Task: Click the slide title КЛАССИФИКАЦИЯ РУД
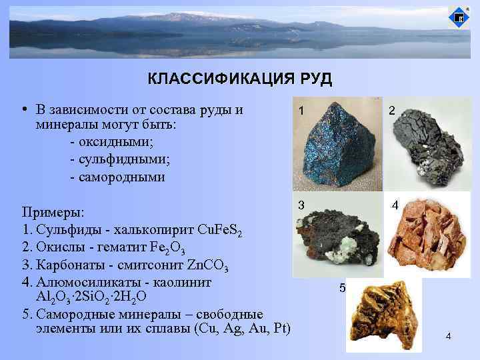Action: tap(239, 80)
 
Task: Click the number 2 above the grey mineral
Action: tap(393, 113)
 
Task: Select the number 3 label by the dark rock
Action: tap(302, 205)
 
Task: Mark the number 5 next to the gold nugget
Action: tap(343, 289)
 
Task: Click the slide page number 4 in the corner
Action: tap(449, 335)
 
